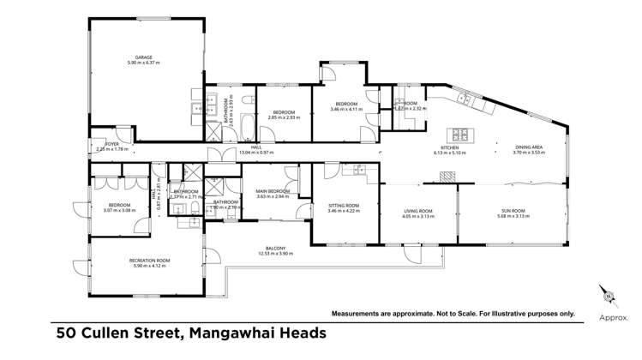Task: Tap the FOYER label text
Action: coord(111,143)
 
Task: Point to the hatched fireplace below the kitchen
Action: coord(447,176)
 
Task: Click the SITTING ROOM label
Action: coord(343,205)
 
